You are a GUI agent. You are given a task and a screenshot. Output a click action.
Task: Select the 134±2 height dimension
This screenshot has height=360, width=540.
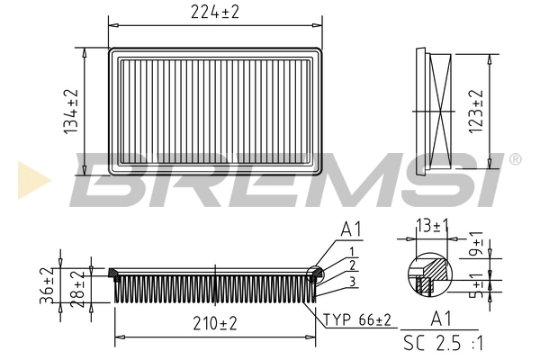70,112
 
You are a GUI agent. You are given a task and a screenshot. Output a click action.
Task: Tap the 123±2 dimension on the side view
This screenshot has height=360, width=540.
477,110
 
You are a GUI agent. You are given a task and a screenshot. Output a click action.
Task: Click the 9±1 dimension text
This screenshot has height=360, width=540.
477,246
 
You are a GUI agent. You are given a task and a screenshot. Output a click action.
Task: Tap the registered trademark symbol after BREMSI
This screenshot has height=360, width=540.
515,160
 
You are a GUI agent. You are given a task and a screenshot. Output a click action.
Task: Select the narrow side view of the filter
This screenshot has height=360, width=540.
433,112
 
